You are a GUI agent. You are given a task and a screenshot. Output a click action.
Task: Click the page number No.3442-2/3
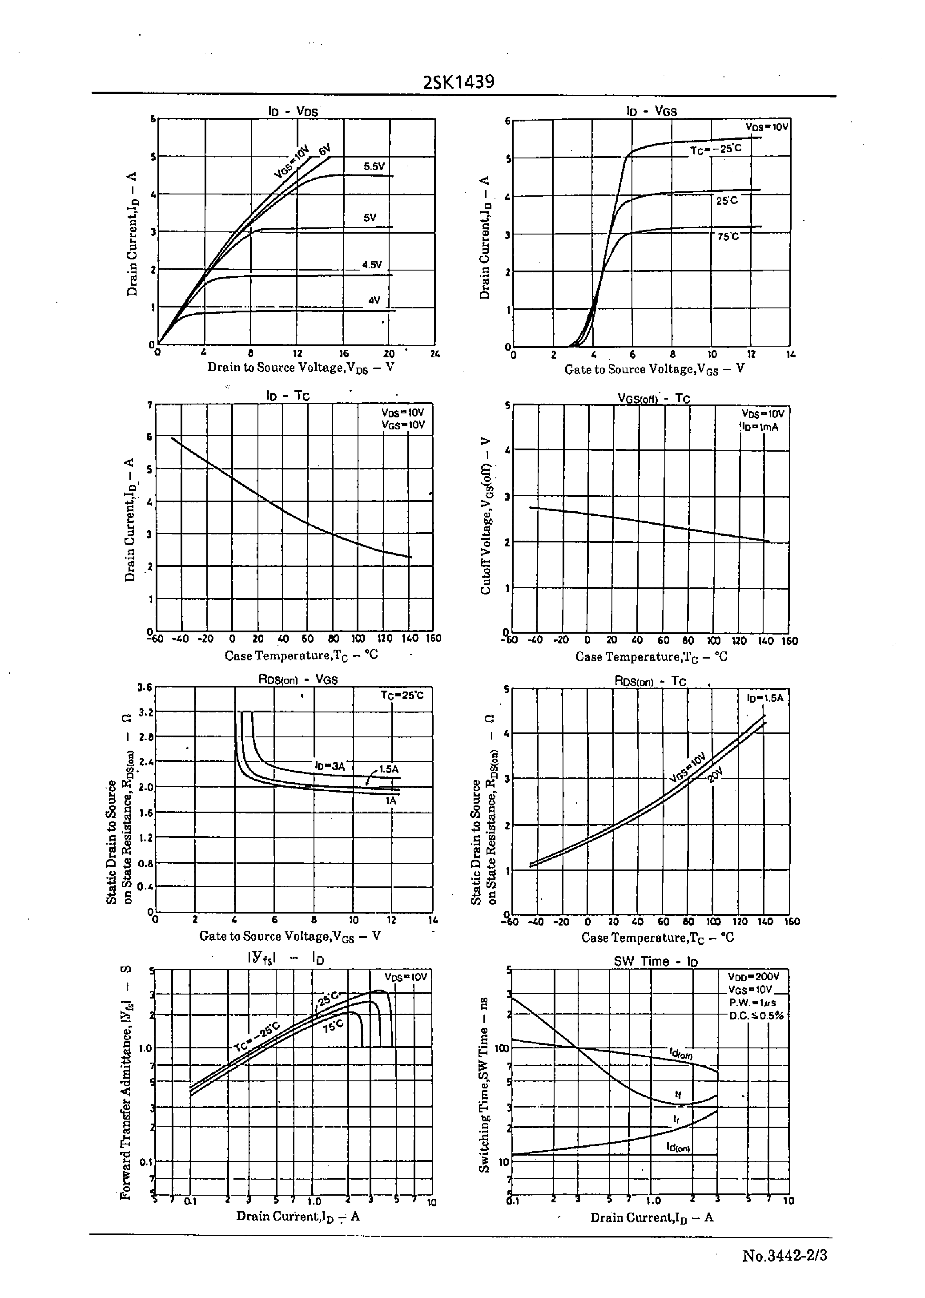(x=784, y=1255)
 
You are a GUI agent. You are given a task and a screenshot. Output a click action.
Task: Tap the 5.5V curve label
(x=374, y=166)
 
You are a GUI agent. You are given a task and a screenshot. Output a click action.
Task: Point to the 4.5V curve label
(x=372, y=264)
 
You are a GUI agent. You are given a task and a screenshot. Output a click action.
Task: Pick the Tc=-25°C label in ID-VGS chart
(x=716, y=149)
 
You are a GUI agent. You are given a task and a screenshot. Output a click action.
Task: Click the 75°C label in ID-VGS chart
(x=728, y=236)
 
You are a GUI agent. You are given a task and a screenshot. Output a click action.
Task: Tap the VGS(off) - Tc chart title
(x=654, y=398)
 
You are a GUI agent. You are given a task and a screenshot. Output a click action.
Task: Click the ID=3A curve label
(x=330, y=766)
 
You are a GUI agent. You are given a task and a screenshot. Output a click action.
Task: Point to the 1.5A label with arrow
(x=388, y=768)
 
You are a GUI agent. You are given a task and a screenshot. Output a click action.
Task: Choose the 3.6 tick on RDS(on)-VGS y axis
(x=145, y=687)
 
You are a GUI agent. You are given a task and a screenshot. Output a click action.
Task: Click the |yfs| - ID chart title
(x=286, y=959)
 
